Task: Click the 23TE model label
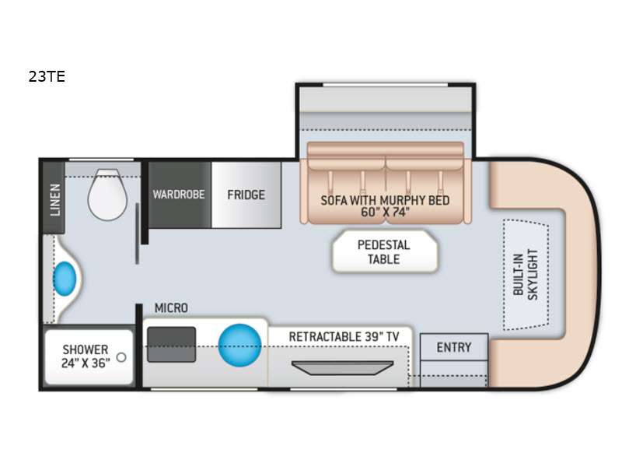47,76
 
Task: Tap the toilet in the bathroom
107,195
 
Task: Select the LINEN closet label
55,200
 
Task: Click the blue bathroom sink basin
65,279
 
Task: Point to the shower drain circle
121,357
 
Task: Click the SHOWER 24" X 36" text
86,356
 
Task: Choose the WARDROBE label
179,194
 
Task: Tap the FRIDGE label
246,195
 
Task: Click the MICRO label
171,307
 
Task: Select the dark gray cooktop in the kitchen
171,344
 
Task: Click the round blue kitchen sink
240,345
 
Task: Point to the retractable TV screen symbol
342,367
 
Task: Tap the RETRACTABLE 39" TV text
344,337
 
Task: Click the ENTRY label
454,347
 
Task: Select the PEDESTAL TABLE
384,251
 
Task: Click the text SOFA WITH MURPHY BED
385,200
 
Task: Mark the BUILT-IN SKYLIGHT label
526,274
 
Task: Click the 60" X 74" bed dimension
385,212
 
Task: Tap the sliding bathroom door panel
138,233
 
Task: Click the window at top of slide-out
386,85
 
